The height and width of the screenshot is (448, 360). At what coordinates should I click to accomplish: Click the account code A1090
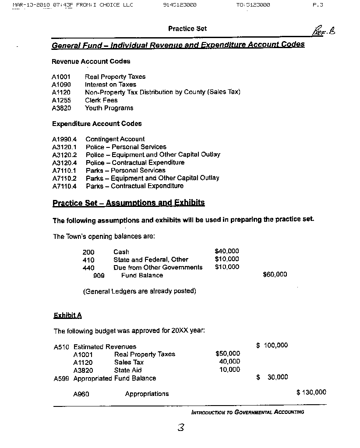click(x=61, y=84)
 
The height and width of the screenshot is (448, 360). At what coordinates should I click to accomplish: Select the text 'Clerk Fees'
click(x=101, y=100)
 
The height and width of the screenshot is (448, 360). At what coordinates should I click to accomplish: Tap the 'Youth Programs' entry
click(x=109, y=108)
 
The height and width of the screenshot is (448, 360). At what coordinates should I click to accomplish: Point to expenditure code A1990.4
click(x=64, y=139)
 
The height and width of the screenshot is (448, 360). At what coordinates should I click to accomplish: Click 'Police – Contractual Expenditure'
click(x=135, y=162)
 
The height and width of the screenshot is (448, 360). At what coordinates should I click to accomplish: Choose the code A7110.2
click(x=64, y=178)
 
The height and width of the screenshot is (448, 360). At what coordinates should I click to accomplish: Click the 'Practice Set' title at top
click(x=187, y=29)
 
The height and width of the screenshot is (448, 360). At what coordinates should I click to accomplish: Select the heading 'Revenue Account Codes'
click(x=91, y=61)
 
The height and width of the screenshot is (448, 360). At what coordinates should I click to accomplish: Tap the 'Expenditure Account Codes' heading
click(x=97, y=124)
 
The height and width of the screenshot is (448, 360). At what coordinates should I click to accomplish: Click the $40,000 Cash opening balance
click(x=227, y=251)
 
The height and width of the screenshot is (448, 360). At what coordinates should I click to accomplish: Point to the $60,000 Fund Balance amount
click(x=275, y=274)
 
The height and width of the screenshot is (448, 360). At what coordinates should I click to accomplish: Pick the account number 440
click(x=88, y=267)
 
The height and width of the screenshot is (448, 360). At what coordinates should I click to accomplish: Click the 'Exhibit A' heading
click(x=67, y=315)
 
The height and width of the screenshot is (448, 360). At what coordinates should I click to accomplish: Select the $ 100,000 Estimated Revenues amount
click(x=272, y=346)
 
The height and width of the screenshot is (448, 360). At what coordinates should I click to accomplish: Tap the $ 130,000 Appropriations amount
click(x=311, y=392)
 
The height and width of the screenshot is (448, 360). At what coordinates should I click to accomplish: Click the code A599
click(x=61, y=378)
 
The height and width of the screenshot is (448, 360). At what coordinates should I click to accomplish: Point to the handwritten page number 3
click(x=180, y=428)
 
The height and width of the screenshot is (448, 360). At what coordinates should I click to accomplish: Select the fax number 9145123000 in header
click(x=179, y=5)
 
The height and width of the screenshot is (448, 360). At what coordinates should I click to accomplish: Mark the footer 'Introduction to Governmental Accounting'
click(x=247, y=412)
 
